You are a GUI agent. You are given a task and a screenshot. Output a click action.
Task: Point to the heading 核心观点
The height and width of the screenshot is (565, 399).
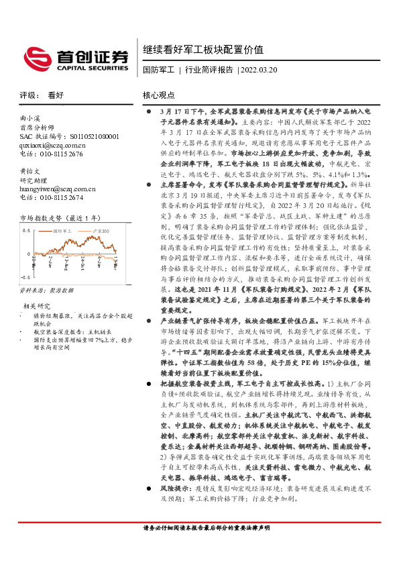(159, 95)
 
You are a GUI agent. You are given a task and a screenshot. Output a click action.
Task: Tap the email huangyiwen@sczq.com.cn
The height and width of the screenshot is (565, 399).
(58, 189)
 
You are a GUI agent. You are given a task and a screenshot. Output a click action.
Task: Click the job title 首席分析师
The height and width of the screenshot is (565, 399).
(36, 127)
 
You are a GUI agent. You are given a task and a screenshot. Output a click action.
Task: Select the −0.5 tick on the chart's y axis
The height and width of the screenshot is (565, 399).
(25, 276)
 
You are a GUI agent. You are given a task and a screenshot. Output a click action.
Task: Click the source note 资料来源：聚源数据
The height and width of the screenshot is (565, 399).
(44, 291)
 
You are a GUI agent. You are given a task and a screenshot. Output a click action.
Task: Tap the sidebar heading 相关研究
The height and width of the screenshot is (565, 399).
(35, 306)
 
